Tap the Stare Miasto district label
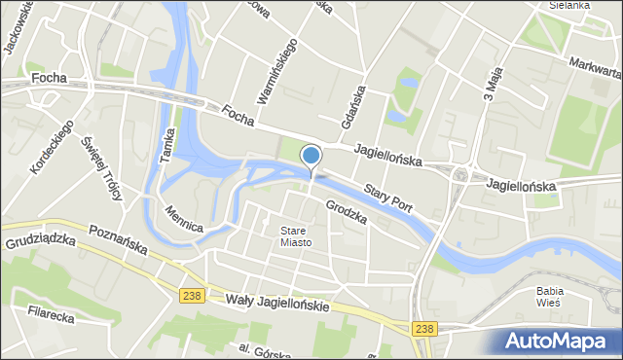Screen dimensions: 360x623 pos(296,236)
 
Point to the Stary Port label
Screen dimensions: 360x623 pos(387,196)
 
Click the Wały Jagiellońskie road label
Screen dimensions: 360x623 pos(276,303)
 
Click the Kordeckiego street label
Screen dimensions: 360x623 pos(53,147)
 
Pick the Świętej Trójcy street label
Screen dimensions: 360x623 pos(107,168)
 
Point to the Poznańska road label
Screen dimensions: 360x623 pos(117,239)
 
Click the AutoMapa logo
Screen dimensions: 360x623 pos(563,342)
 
